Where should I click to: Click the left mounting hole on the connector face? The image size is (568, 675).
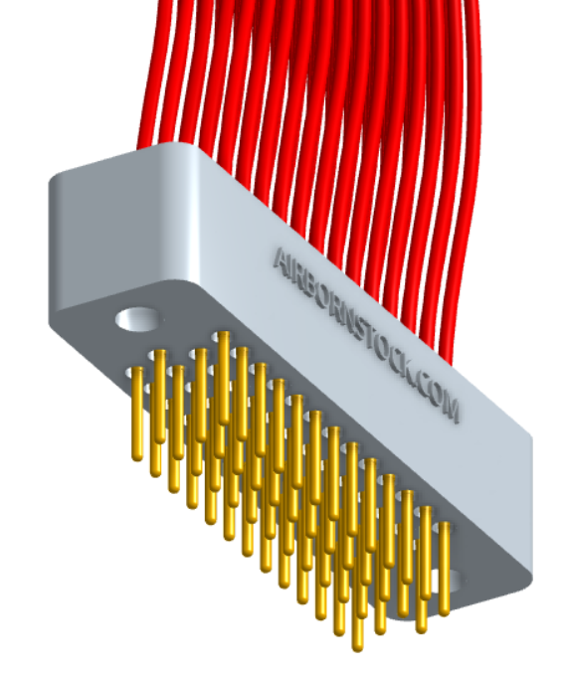138,319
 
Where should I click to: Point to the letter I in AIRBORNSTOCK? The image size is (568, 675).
292,268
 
